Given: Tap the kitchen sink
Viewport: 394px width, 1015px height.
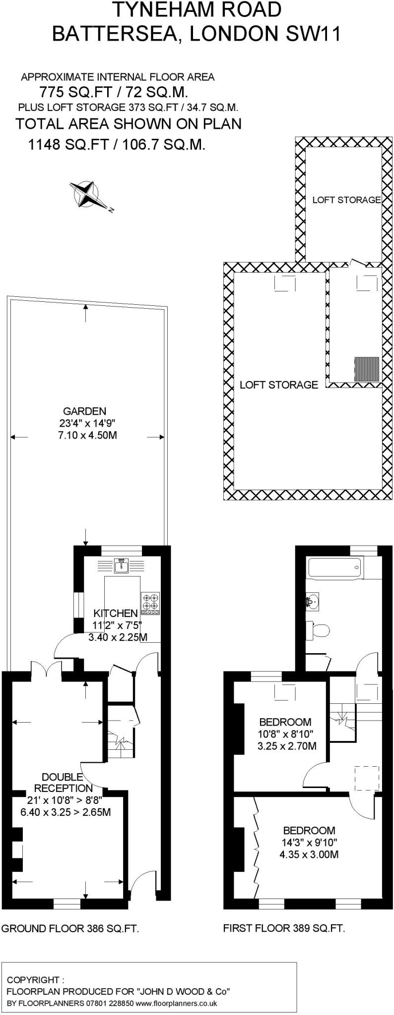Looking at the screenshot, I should [121, 565].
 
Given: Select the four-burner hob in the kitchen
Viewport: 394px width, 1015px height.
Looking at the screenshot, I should [151, 602].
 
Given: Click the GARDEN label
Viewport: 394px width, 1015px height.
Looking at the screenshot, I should [84, 411].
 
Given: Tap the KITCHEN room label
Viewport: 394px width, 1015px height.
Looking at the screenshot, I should [115, 614].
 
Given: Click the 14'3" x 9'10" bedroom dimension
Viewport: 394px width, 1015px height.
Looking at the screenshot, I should [309, 842].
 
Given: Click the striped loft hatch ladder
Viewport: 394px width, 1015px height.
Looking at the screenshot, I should [367, 369].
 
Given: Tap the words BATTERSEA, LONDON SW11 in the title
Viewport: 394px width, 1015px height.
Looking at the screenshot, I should [197, 34].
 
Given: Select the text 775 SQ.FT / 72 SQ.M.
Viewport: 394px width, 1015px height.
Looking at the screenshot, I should [113, 92].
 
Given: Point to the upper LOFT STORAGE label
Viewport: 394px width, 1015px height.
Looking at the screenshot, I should [346, 200].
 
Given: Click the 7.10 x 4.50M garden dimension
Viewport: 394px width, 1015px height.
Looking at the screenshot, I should [87, 436].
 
